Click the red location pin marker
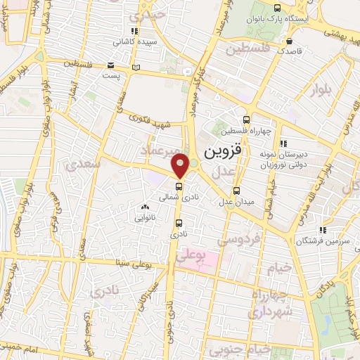181,165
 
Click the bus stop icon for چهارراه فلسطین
245,120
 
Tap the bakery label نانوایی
145,218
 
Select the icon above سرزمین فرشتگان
323,229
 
